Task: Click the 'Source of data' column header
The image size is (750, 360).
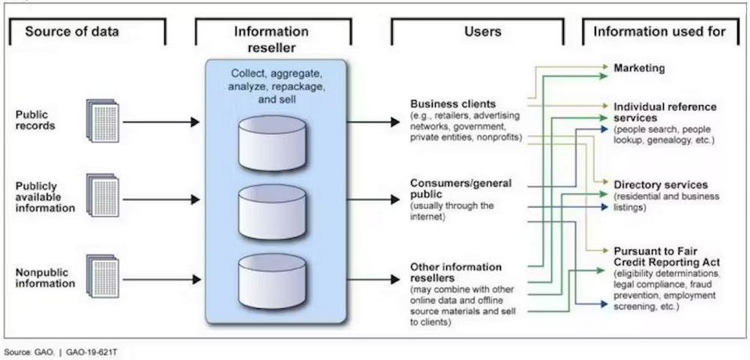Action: (x=72, y=31)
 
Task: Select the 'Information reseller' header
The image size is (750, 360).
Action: (x=271, y=38)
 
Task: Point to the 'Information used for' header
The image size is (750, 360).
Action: (x=659, y=31)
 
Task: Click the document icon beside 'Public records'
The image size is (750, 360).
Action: (x=102, y=120)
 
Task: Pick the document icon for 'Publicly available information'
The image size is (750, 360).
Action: (x=102, y=196)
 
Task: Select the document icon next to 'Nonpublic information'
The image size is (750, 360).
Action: (x=102, y=277)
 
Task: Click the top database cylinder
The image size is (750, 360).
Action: (x=271, y=142)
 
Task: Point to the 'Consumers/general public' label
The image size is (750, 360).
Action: (x=460, y=188)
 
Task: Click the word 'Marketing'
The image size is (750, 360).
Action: (x=639, y=68)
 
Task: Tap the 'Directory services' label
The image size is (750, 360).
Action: (x=661, y=184)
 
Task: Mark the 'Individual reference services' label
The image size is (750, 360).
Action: (x=664, y=112)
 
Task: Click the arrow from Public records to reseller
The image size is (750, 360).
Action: (x=161, y=121)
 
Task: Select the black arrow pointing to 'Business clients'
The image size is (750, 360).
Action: (x=373, y=121)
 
